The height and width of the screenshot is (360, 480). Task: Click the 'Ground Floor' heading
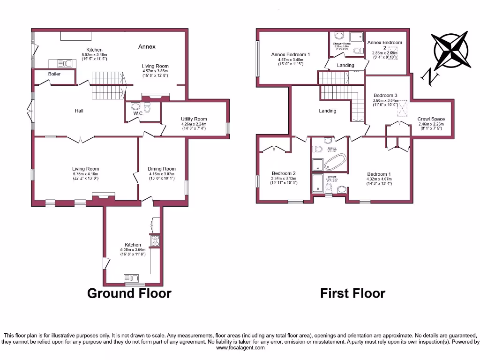[129, 293]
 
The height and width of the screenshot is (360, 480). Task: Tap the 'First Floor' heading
[352, 293]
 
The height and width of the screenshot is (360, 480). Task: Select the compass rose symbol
[451, 51]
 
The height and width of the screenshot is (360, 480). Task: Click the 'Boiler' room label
[54, 74]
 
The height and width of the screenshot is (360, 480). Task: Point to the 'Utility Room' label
[194, 119]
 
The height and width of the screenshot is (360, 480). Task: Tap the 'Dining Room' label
[162, 169]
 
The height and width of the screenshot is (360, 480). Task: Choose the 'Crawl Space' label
[431, 119]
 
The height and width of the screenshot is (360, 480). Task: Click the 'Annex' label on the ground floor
[147, 46]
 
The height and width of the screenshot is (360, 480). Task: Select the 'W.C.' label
[137, 113]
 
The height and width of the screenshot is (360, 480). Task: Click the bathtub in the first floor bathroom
[336, 164]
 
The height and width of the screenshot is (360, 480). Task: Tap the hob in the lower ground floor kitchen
[155, 241]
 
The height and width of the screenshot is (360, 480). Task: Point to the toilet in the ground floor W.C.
[147, 108]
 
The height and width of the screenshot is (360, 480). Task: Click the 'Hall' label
[79, 111]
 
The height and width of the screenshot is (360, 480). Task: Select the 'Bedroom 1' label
[379, 174]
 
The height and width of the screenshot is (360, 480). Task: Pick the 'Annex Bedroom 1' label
[291, 55]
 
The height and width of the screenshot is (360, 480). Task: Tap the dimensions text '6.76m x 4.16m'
[86, 173]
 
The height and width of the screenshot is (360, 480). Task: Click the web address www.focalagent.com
[240, 347]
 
